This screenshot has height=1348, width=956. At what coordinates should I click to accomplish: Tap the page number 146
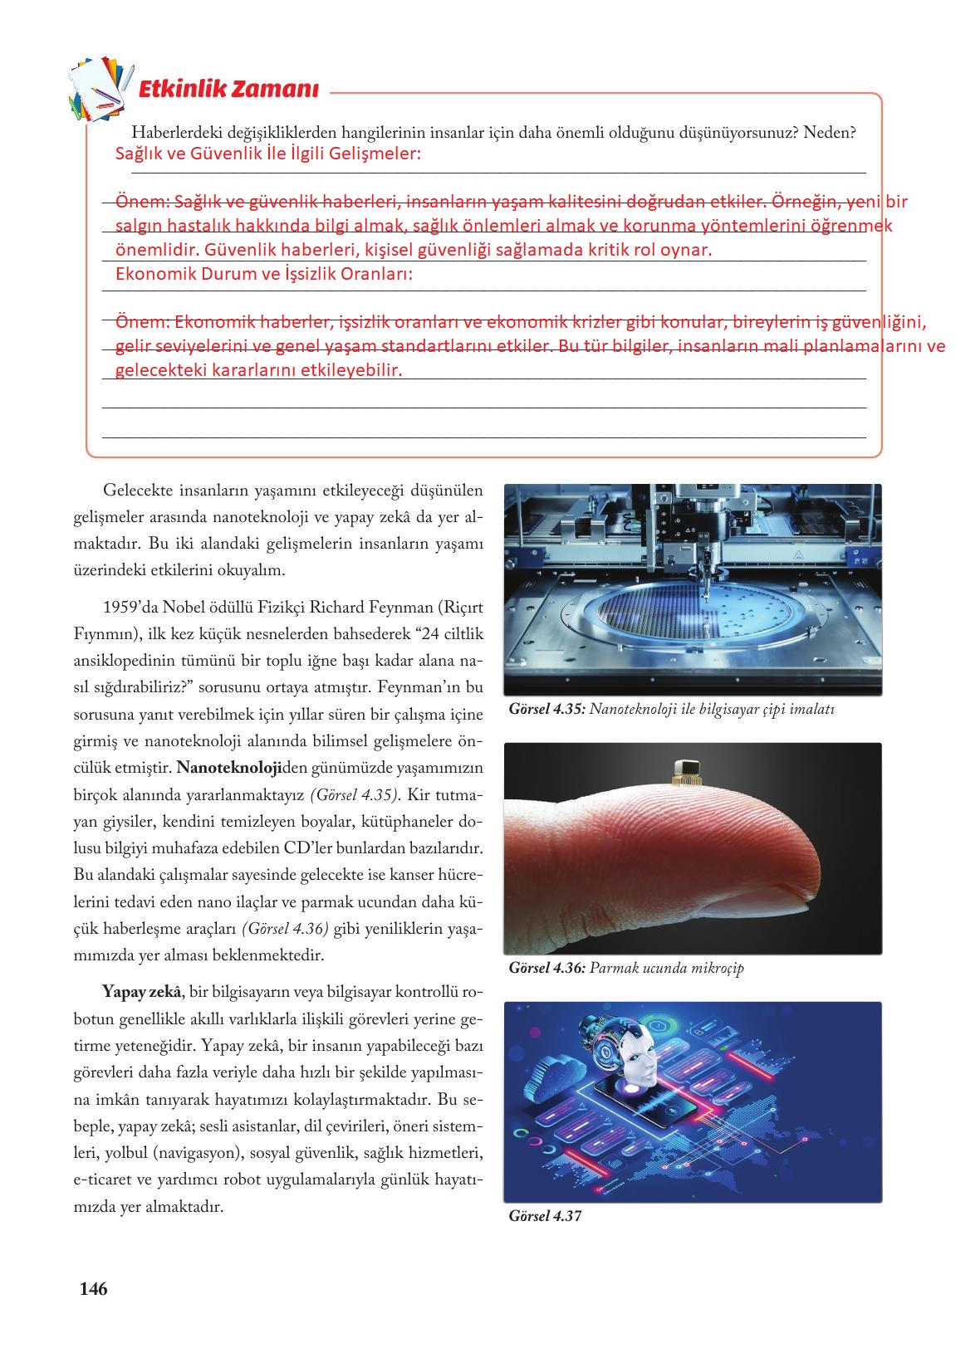(93, 1289)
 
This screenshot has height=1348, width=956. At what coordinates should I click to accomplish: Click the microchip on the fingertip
(686, 770)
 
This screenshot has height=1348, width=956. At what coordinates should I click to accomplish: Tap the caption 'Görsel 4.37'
(545, 1217)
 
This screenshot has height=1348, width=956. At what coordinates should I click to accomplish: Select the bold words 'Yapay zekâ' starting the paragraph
(142, 991)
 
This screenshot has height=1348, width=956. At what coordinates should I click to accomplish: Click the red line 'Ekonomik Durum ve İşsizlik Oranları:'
(264, 274)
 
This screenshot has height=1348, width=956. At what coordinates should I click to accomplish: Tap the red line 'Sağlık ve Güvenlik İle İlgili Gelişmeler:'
(268, 154)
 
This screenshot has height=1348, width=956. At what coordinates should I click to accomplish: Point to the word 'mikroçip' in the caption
(708, 968)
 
